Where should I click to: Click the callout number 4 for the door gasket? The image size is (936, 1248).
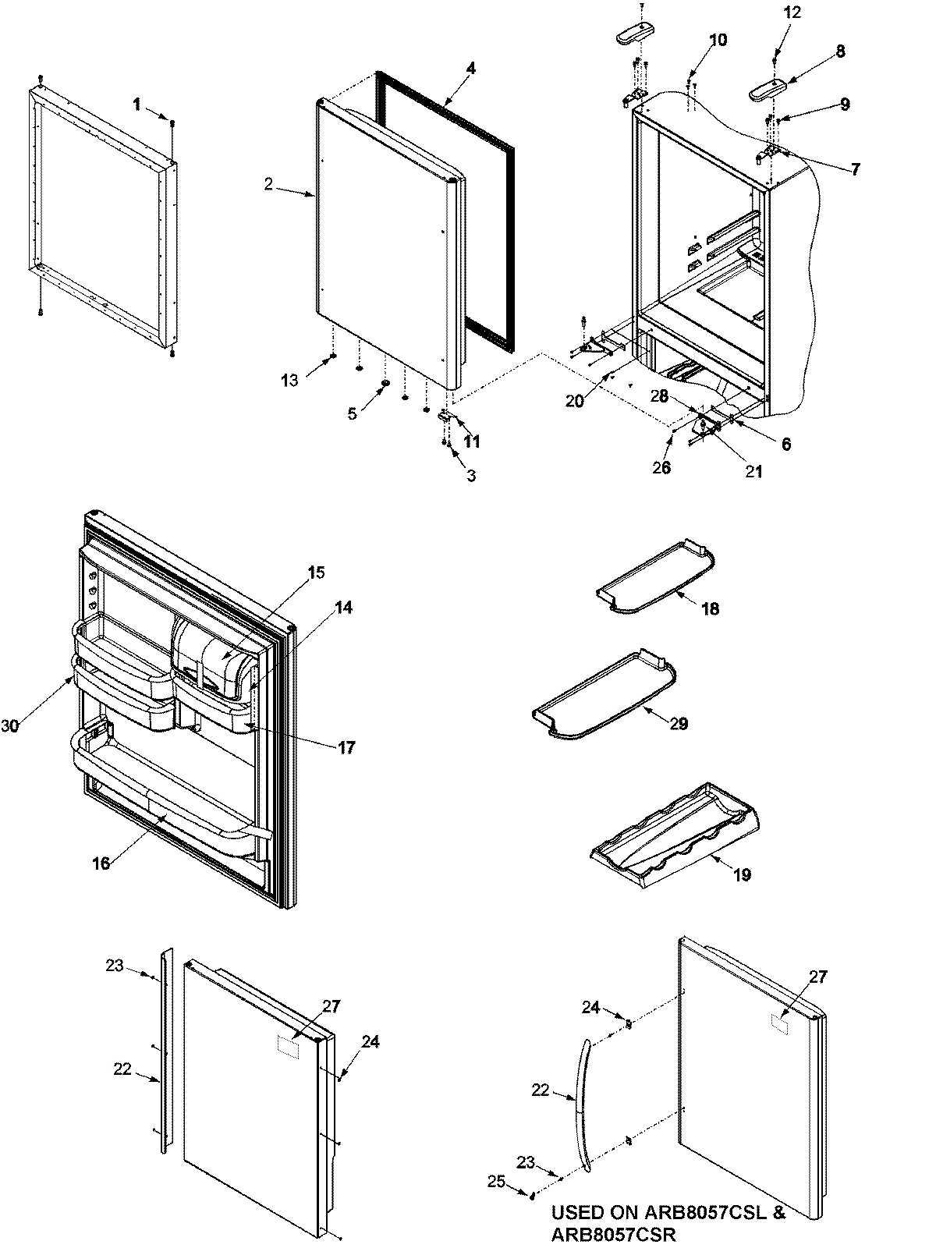[x=470, y=68]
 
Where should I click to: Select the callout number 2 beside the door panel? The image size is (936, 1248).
[x=268, y=184]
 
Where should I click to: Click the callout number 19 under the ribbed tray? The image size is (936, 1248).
[x=742, y=875]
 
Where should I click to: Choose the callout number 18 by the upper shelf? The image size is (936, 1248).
[x=710, y=609]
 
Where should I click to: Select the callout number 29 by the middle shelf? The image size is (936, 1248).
[x=679, y=724]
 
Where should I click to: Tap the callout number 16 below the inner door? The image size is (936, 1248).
[x=101, y=863]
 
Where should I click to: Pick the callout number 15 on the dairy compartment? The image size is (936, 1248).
[x=315, y=573]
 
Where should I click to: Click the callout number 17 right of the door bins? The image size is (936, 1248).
[x=346, y=748]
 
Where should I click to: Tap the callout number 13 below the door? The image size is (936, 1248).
[x=289, y=380]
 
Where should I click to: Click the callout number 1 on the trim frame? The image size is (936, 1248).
[x=137, y=105]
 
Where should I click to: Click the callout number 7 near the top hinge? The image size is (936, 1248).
[x=855, y=168]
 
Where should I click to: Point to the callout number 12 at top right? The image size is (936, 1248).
[x=792, y=12]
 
